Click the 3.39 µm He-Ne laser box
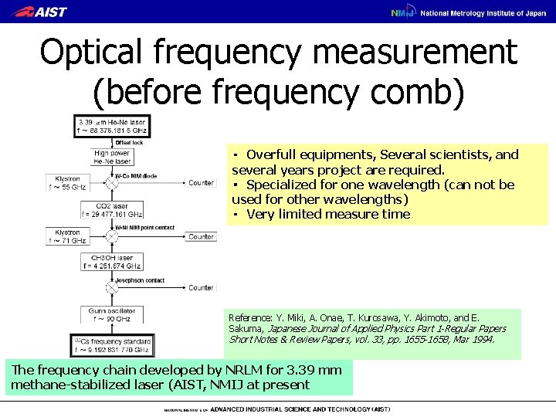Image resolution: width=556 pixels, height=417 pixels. (110, 126)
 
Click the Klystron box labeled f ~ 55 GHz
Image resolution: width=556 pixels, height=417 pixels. (68, 183)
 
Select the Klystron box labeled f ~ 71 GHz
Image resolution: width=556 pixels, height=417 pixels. (68, 236)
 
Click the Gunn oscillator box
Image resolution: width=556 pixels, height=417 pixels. (111, 314)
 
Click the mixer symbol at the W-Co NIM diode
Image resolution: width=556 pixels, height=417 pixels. (111, 183)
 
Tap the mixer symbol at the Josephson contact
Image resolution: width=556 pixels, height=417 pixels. (111, 287)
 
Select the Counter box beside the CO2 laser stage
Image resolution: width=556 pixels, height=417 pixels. (201, 236)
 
